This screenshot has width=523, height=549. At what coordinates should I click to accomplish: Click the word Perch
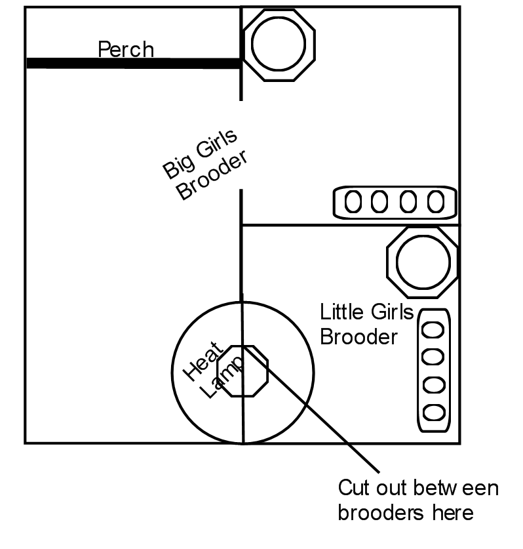tap(126, 49)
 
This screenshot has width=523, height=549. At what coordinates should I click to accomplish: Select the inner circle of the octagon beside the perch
tap(279, 45)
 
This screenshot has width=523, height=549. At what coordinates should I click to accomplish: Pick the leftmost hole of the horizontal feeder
tap(353, 202)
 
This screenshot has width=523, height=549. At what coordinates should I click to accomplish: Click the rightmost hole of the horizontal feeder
tap(436, 202)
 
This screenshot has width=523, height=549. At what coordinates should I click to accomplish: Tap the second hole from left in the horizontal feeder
tap(379, 202)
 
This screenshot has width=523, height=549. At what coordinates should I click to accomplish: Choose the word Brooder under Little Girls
tap(358, 336)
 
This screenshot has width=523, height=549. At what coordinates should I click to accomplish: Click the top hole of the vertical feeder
tap(433, 329)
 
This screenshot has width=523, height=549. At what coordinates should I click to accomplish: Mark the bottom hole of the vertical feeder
tap(433, 413)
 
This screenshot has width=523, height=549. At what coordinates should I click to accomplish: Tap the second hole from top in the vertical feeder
tap(433, 357)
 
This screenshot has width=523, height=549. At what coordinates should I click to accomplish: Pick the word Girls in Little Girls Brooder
tap(391, 312)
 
